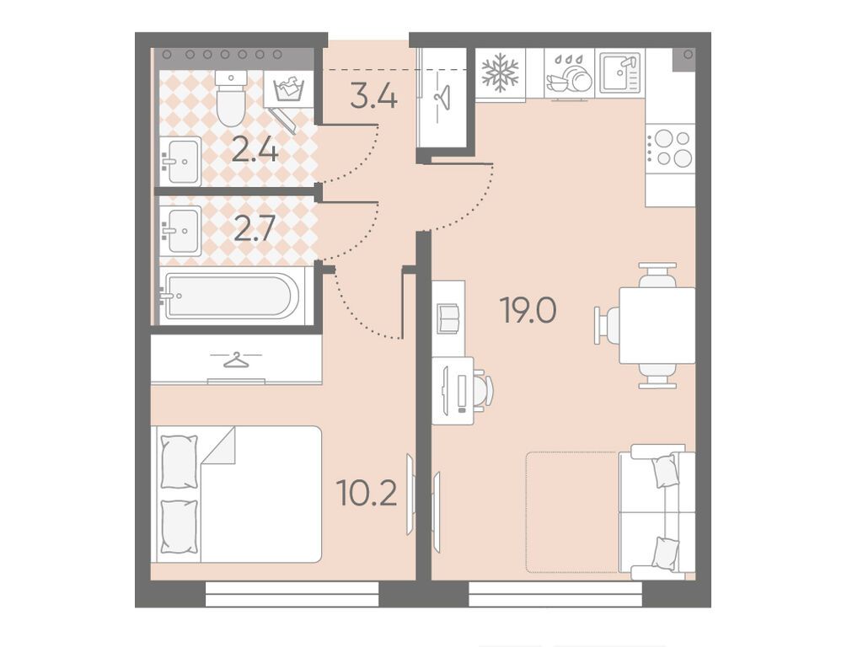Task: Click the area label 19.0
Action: [528, 310]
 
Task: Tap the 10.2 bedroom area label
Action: [367, 492]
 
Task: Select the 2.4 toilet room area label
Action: [255, 149]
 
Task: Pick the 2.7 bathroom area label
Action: [255, 229]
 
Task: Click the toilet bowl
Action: [230, 98]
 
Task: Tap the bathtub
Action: [232, 296]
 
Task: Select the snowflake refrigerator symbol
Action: [501, 72]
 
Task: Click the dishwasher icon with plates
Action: [569, 74]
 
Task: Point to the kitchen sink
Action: [620, 72]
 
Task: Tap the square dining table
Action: [657, 325]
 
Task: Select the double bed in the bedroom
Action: [237, 494]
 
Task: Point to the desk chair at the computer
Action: [482, 390]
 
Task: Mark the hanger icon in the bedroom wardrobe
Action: [236, 361]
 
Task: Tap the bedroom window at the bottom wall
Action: [292, 594]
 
